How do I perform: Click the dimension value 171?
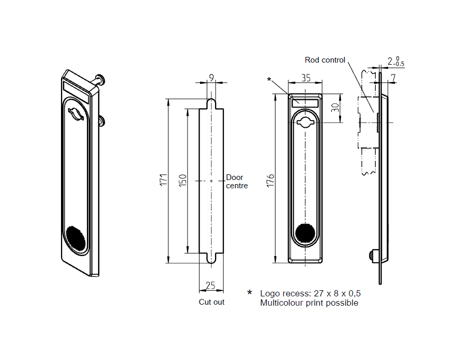pyautogui.click(x=162, y=180)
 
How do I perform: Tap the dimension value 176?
pyautogui.click(x=269, y=179)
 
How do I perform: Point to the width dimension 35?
pyautogui.click(x=305, y=78)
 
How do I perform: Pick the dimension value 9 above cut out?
pyautogui.click(x=211, y=78)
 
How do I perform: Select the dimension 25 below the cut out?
pyautogui.click(x=210, y=286)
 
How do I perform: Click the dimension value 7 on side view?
pyautogui.click(x=393, y=78)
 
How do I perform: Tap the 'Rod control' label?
pyautogui.click(x=325, y=60)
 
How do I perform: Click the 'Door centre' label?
pyautogui.click(x=237, y=182)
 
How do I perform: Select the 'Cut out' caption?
pyautogui.click(x=211, y=302)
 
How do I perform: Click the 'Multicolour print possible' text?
pyautogui.click(x=309, y=303)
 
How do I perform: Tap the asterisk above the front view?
pyautogui.click(x=269, y=80)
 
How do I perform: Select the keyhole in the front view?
pyautogui.click(x=305, y=122)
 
